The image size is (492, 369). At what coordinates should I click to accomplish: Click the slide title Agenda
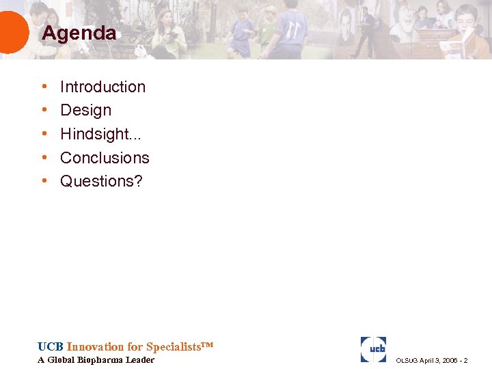point(79,33)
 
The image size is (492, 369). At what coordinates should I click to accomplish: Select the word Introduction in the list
point(102,87)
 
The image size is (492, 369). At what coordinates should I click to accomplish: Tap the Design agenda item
point(85,110)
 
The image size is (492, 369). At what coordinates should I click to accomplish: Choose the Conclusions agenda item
point(105,158)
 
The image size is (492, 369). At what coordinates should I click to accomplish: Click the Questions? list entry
point(101,181)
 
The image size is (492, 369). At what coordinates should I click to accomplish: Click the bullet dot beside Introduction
point(44,87)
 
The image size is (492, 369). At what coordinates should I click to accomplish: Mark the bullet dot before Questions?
point(44,181)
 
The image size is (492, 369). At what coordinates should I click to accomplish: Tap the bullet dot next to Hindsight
point(44,134)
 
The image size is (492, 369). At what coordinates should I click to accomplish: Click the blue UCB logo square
point(373,349)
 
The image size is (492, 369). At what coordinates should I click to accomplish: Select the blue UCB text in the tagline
point(51,346)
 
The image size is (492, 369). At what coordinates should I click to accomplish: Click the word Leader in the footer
point(140,360)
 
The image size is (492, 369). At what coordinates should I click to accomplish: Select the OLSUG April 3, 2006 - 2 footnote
point(432,360)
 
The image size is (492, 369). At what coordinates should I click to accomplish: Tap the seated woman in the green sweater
point(168,34)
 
